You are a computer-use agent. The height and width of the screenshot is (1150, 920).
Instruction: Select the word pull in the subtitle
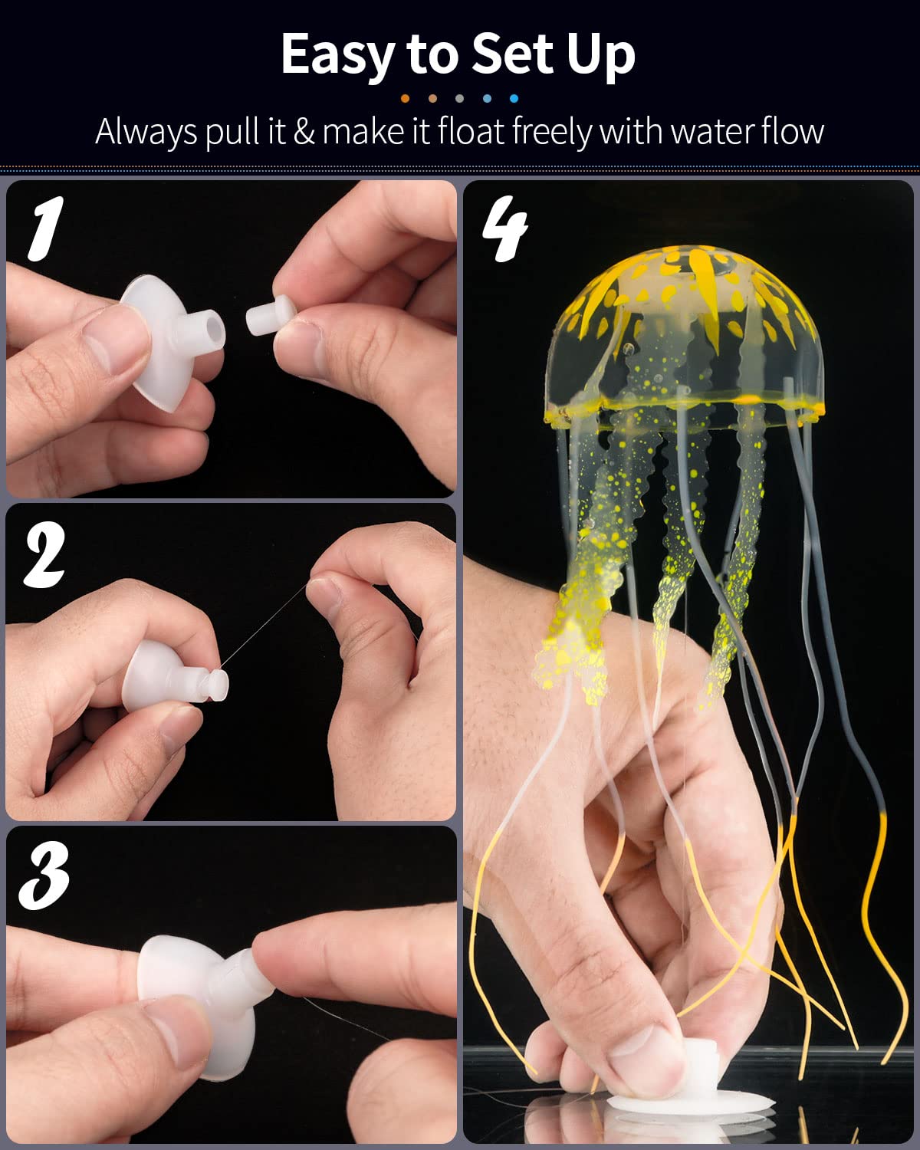click(232, 132)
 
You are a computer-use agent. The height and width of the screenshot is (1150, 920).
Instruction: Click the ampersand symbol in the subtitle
click(304, 132)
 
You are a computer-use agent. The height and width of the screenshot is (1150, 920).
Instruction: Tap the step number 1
click(44, 228)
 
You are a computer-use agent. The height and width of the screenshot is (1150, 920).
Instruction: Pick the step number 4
click(504, 228)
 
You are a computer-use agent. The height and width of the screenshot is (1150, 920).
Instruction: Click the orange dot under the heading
click(405, 98)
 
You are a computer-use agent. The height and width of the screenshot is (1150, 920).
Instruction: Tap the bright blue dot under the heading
click(514, 98)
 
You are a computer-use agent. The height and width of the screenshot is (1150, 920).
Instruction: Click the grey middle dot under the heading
click(459, 98)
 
